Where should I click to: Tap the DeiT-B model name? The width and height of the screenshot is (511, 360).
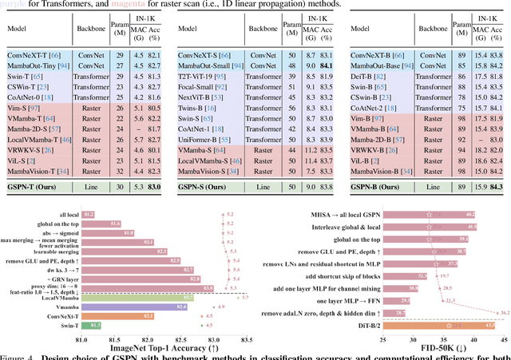(x=368, y=75)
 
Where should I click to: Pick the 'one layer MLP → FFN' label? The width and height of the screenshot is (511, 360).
(x=353, y=300)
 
